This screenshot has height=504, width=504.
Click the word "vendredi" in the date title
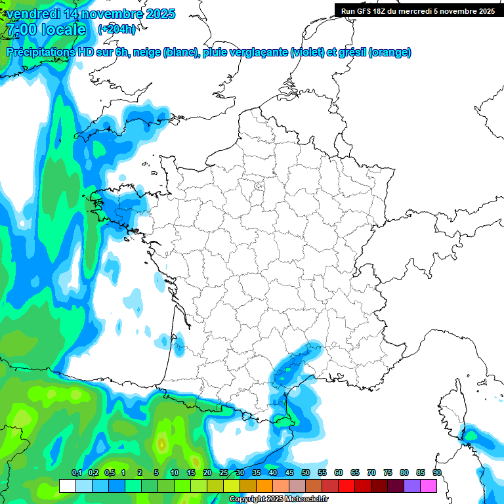(x=31, y=14)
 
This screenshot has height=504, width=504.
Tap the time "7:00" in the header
(x=20, y=30)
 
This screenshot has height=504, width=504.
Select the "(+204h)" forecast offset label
(x=117, y=30)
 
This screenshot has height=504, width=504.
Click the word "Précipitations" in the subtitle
(x=41, y=52)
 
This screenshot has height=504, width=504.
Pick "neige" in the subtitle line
(x=146, y=52)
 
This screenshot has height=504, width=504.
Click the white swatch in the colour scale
(x=67, y=486)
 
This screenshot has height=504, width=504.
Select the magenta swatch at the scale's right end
(x=429, y=486)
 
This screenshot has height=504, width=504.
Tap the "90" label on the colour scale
(x=436, y=473)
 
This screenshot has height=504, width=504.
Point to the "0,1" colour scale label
(x=76, y=473)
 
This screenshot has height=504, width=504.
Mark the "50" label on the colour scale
(x=305, y=473)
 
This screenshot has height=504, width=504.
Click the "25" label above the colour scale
(x=223, y=473)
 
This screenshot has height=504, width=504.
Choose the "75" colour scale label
(x=387, y=473)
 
